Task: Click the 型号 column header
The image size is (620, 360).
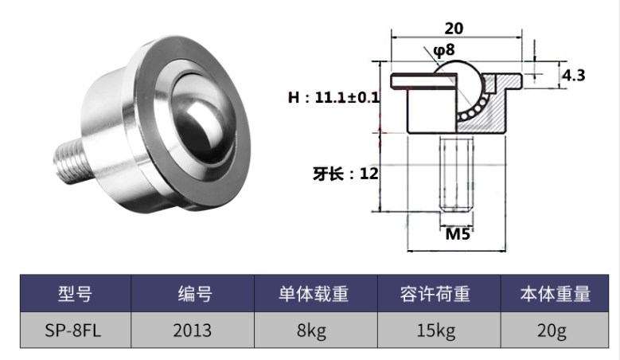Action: pyautogui.click(x=75, y=294)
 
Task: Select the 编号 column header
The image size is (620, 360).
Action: pyautogui.click(x=193, y=294)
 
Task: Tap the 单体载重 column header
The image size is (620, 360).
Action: pyautogui.click(x=311, y=294)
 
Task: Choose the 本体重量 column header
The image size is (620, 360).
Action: pyautogui.click(x=555, y=294)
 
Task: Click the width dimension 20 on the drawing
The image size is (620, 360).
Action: pyautogui.click(x=454, y=27)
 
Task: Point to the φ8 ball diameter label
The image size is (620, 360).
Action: pyautogui.click(x=443, y=51)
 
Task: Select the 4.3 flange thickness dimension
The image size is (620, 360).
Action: pyautogui.click(x=575, y=76)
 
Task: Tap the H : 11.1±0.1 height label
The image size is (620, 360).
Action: pyautogui.click(x=334, y=99)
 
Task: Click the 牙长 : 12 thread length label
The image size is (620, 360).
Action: pyautogui.click(x=345, y=174)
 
